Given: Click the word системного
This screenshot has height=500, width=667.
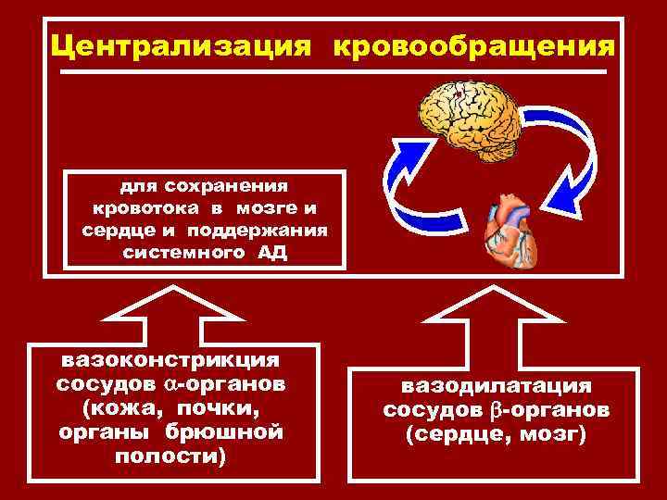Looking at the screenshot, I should [181, 254].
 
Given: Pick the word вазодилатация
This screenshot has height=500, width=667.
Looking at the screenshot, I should [496, 383].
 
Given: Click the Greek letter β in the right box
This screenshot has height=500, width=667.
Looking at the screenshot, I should [495, 408].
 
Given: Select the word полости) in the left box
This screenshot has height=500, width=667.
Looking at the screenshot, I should [170, 457].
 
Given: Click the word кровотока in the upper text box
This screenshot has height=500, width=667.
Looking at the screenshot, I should [137, 207].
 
